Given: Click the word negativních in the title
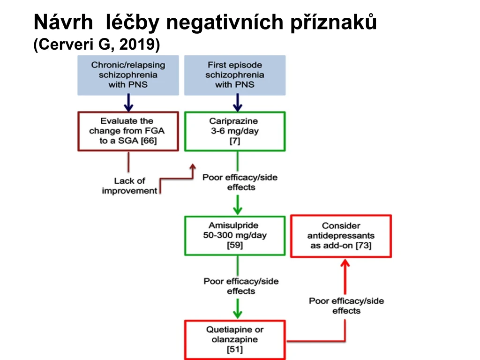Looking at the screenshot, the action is click(225, 22).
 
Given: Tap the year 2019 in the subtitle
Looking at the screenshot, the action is click(138, 44).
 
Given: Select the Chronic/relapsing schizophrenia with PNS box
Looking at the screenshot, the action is click(128, 75).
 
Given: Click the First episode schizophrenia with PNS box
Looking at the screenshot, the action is click(235, 75).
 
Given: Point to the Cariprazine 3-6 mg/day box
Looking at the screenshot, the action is click(235, 131).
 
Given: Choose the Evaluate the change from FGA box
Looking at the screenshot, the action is click(128, 131).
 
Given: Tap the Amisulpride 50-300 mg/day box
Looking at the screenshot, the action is click(235, 236).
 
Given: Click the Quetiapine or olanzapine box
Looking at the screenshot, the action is click(235, 340).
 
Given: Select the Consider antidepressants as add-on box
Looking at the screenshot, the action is click(341, 236).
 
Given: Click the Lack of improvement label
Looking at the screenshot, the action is click(129, 186).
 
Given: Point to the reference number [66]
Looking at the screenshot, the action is click(149, 141).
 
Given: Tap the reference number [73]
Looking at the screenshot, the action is click(363, 246).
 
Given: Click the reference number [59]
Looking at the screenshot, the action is click(235, 245).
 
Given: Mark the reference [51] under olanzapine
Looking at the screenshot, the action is click(235, 349).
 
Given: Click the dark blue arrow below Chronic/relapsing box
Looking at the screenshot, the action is click(128, 103).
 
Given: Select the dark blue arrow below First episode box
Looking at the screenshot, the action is click(238, 103).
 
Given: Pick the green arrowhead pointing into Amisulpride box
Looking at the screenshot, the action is click(238, 210).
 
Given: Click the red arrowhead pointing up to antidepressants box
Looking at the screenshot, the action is click(345, 263).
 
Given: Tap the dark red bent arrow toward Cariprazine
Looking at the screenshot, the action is click(176, 179).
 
